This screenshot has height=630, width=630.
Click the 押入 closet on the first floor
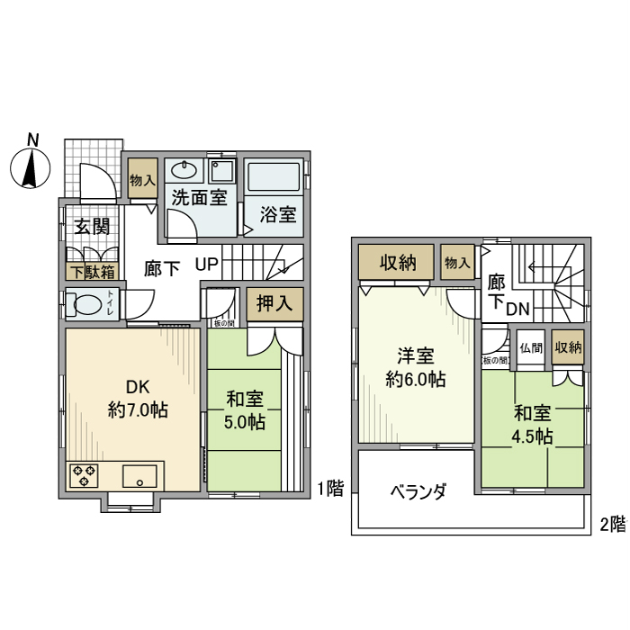click(x=274, y=304)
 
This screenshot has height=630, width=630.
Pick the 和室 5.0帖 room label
click(x=245, y=409)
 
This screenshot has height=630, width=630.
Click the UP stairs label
click(x=207, y=267)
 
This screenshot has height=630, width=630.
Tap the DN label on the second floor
click(x=517, y=310)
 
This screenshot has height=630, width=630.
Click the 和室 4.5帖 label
click(x=533, y=425)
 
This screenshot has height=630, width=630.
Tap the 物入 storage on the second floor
click(x=457, y=263)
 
